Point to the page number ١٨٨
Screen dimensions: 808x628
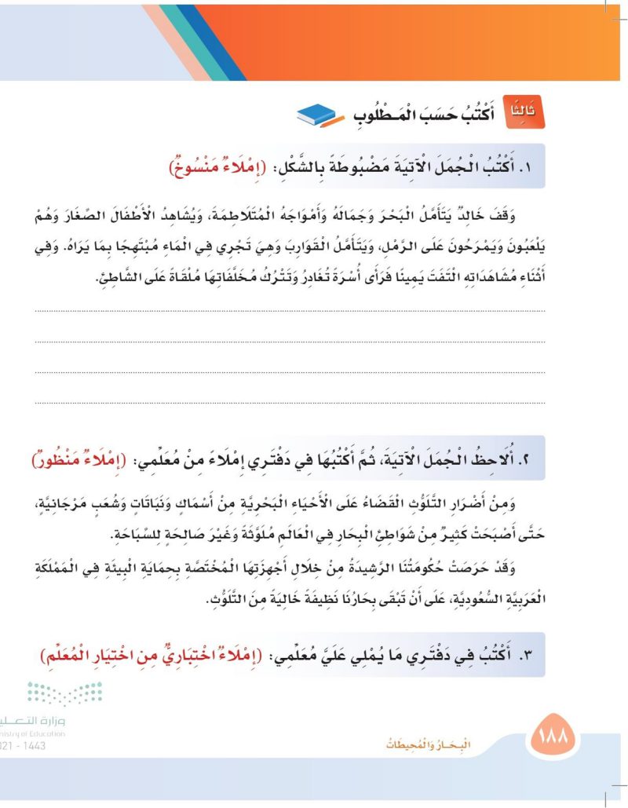(554, 739)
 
